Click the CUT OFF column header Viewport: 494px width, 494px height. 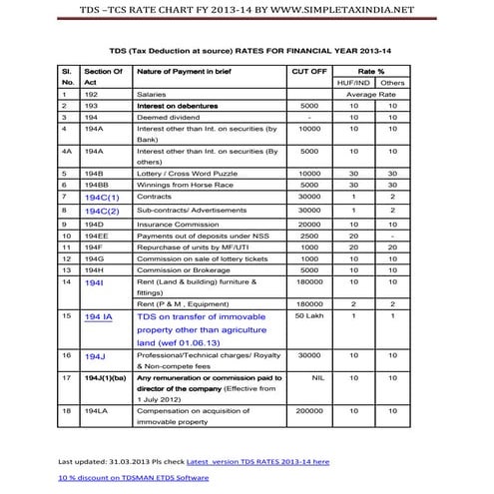[308, 73]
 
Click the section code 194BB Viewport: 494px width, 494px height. [99, 185]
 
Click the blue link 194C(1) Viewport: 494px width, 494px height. [102, 198]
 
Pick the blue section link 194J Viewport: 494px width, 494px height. [95, 355]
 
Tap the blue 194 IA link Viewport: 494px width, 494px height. [99, 316]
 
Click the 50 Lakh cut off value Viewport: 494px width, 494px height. [308, 315]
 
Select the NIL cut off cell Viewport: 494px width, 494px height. [308, 379]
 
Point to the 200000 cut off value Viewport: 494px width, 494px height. [308, 410]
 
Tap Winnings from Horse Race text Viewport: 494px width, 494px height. [188, 185]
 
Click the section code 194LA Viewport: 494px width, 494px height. [97, 410]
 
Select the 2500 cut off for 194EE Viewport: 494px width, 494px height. [308, 237]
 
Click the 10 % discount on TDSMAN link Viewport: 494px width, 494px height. [133, 478]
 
